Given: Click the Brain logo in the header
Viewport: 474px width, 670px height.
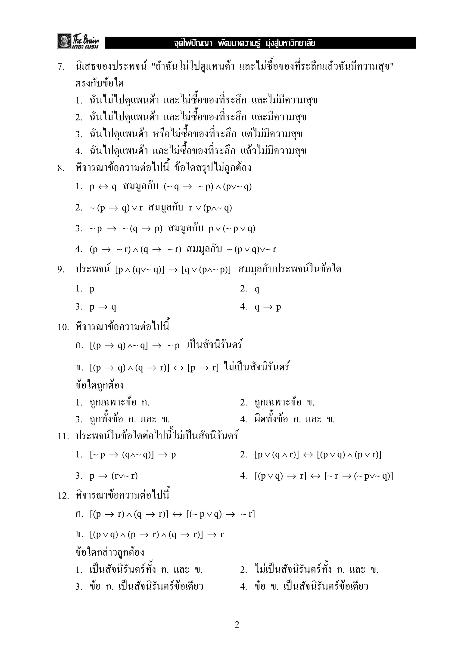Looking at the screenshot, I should [x=78, y=41].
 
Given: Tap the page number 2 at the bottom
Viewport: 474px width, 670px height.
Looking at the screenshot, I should [x=237, y=624].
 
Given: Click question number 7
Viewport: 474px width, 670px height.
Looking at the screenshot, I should [x=61, y=67].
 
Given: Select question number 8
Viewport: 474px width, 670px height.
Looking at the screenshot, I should [x=61, y=168].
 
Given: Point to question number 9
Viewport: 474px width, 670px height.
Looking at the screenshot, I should [x=61, y=269].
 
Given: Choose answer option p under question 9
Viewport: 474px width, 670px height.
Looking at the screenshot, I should [x=92, y=289].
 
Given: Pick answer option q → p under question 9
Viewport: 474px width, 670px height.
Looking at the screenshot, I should [x=268, y=307].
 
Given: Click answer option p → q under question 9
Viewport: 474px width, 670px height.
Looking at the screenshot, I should [x=103, y=307].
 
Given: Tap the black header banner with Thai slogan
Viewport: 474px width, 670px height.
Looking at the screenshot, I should [x=260, y=43].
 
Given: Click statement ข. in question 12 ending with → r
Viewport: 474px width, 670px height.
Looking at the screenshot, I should [x=156, y=535].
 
